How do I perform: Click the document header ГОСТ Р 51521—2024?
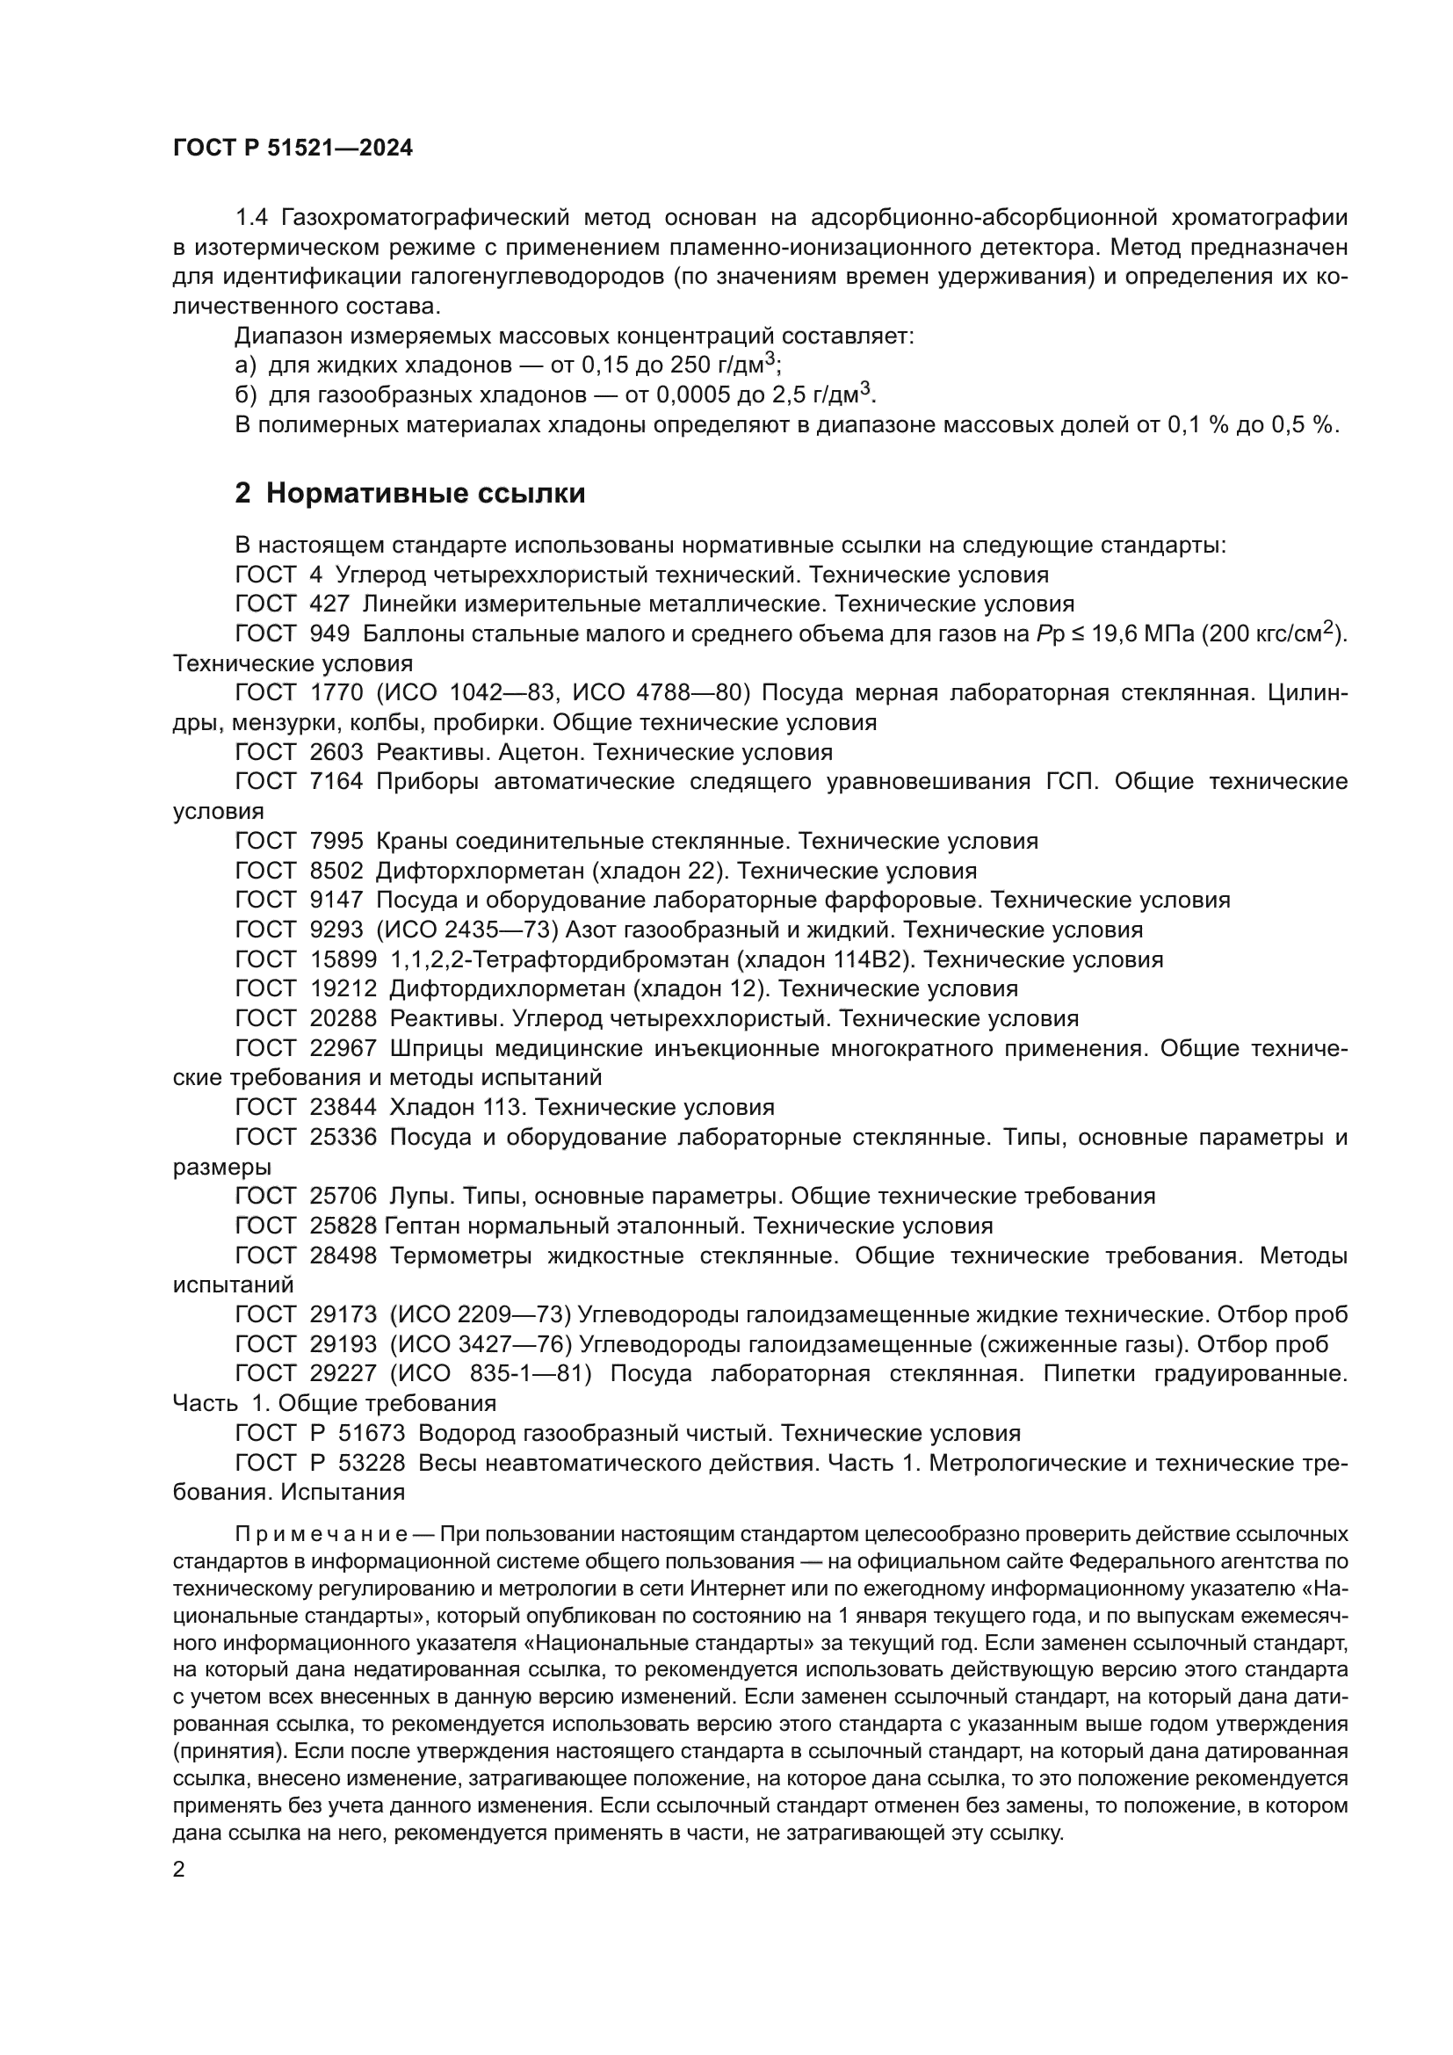tap(293, 148)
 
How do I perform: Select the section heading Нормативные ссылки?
tap(425, 493)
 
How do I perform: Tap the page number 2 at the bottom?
tap(179, 1870)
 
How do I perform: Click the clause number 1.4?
tap(251, 218)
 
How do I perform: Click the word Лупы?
tap(419, 1197)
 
